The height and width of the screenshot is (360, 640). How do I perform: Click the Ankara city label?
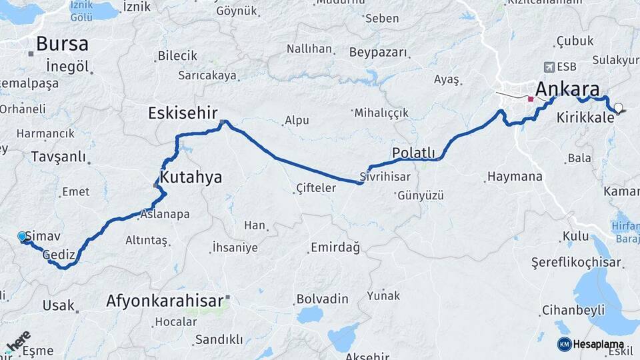pos(567,89)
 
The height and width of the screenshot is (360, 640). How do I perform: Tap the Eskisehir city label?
pos(183,113)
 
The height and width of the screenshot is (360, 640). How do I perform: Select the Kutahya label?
pos(191,178)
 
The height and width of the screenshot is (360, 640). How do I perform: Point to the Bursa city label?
pos(62,44)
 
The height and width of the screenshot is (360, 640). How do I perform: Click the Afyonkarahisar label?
pos(164,301)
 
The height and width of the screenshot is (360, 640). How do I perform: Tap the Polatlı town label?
pos(413,153)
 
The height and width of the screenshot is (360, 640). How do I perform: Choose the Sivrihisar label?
pos(385,177)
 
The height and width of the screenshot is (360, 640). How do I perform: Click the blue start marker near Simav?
pos(22,237)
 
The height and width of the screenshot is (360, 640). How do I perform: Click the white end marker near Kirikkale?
pos(619,107)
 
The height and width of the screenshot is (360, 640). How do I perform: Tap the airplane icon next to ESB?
pos(549,67)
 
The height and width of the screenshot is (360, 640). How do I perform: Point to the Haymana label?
pos(515,177)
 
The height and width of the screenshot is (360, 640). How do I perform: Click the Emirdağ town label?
pos(335,248)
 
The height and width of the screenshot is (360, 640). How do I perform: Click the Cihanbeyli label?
pos(573,310)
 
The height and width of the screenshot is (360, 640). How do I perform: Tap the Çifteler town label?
pos(315,189)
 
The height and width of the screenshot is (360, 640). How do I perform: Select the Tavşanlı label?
pos(59,157)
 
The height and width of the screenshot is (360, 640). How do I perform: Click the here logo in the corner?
pos(19,341)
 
